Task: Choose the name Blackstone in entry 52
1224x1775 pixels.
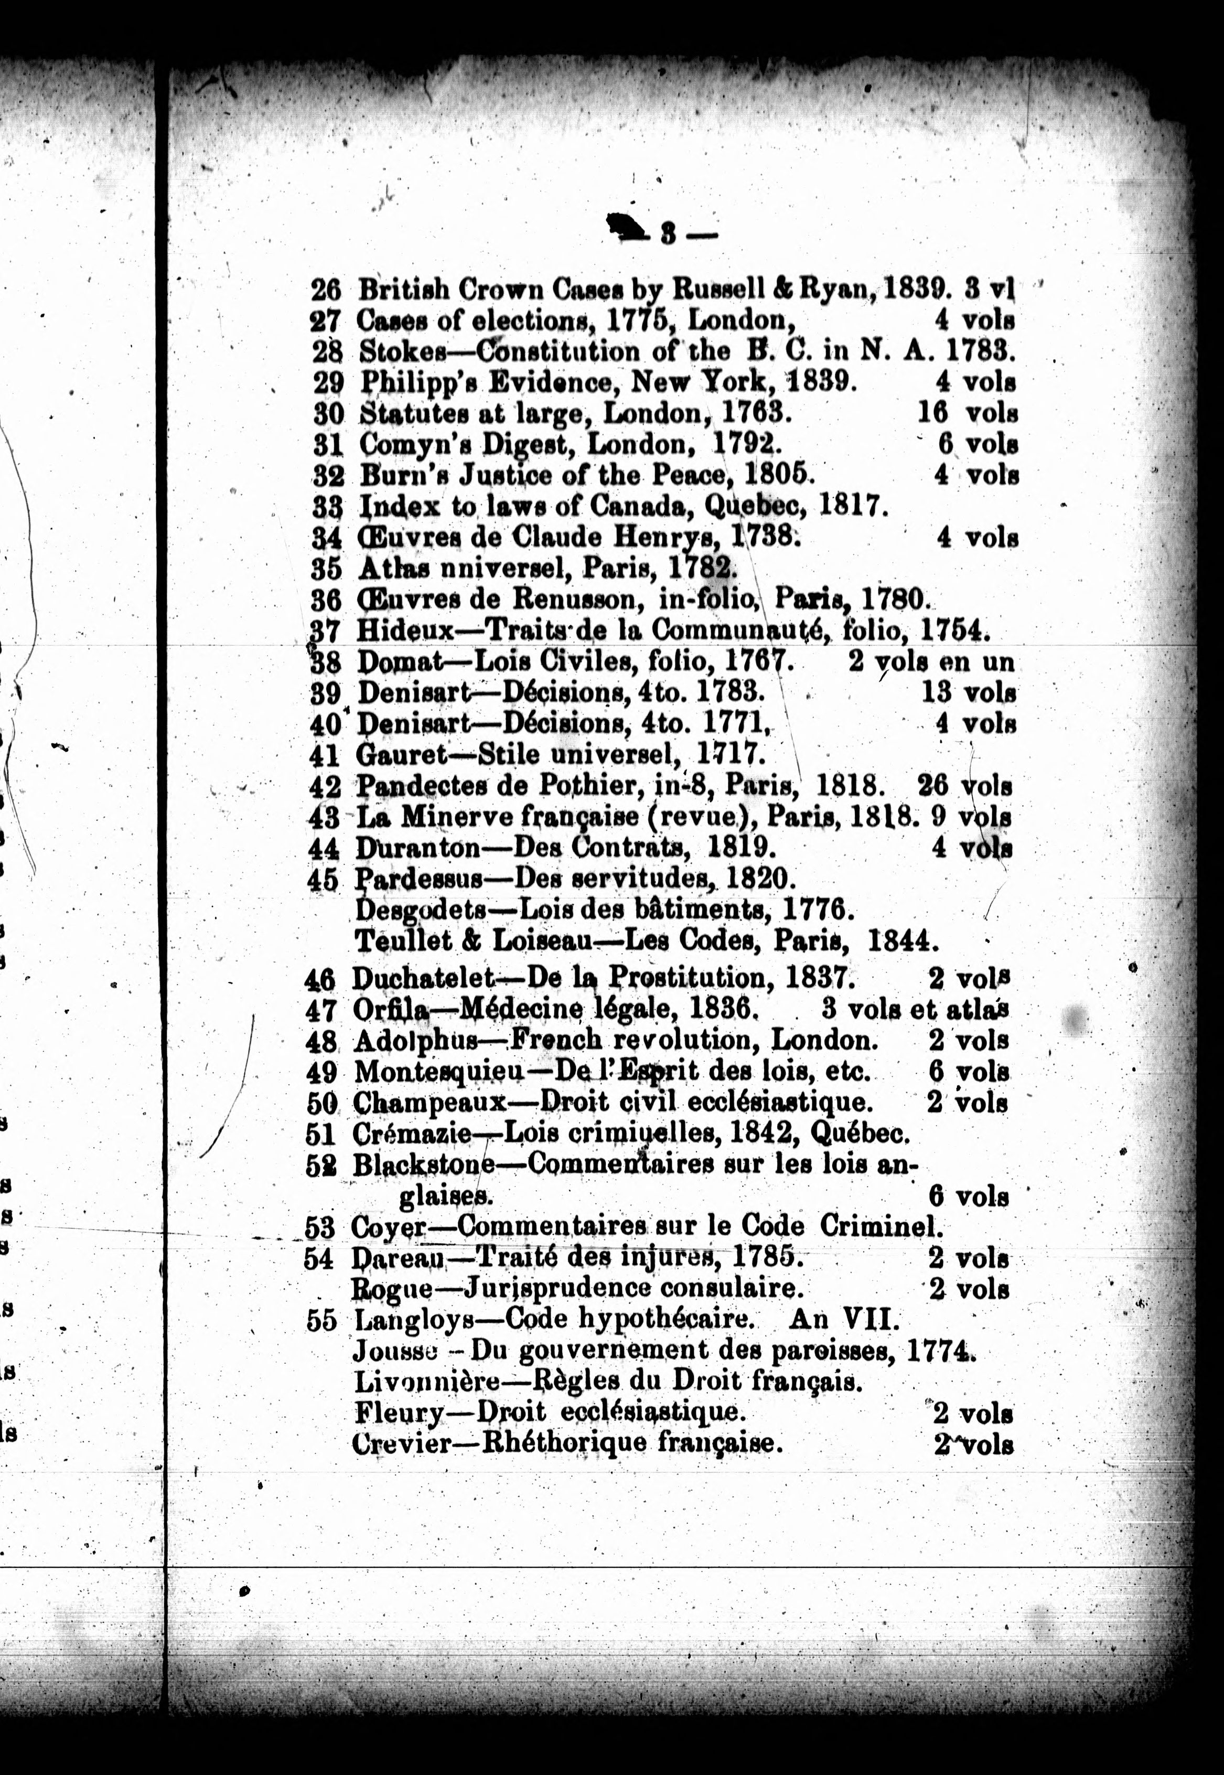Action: point(423,1164)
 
